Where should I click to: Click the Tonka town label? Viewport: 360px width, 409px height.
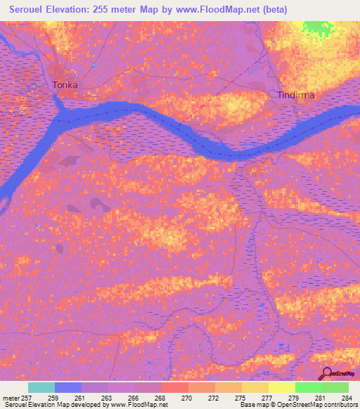(x=65, y=85)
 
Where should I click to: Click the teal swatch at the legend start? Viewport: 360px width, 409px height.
(x=41, y=387)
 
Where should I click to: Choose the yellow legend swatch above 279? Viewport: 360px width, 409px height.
(x=281, y=387)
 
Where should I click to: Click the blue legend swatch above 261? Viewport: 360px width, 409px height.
(x=68, y=387)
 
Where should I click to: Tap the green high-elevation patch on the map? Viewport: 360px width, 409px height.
(x=319, y=28)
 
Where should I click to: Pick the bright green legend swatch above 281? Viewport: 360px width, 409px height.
(x=308, y=387)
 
